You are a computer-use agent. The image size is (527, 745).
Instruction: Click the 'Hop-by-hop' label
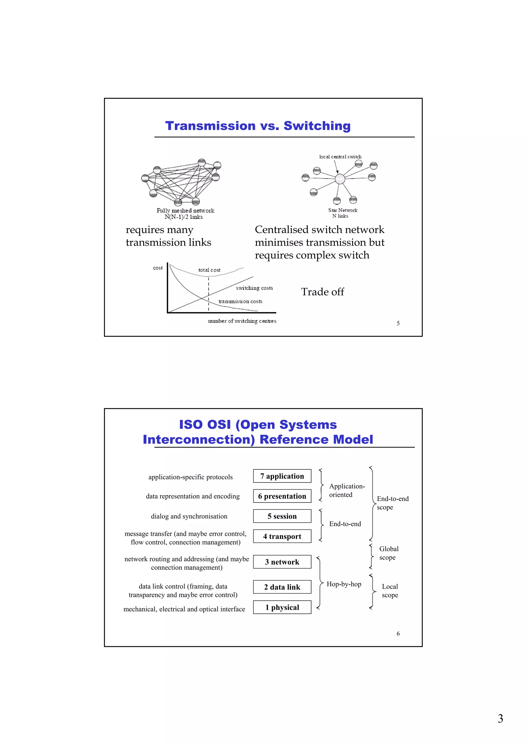pyautogui.click(x=344, y=584)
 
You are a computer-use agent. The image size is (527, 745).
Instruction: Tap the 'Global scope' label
pyautogui.click(x=388, y=553)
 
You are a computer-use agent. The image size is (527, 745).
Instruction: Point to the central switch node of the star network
pyautogui.click(x=340, y=179)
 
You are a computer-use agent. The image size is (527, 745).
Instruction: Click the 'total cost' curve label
pyautogui.click(x=209, y=270)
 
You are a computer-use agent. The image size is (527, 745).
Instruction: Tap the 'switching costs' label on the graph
pyautogui.click(x=254, y=288)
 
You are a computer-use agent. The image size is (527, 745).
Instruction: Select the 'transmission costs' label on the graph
pyautogui.click(x=240, y=301)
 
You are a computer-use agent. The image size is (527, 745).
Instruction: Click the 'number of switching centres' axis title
pyautogui.click(x=242, y=321)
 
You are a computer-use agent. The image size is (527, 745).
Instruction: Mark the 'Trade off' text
pyautogui.click(x=322, y=292)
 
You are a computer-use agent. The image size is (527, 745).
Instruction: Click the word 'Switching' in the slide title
pyautogui.click(x=317, y=126)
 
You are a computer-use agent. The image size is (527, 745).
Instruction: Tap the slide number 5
pyautogui.click(x=398, y=323)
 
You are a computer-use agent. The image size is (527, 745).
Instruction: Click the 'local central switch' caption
pyautogui.click(x=340, y=157)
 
